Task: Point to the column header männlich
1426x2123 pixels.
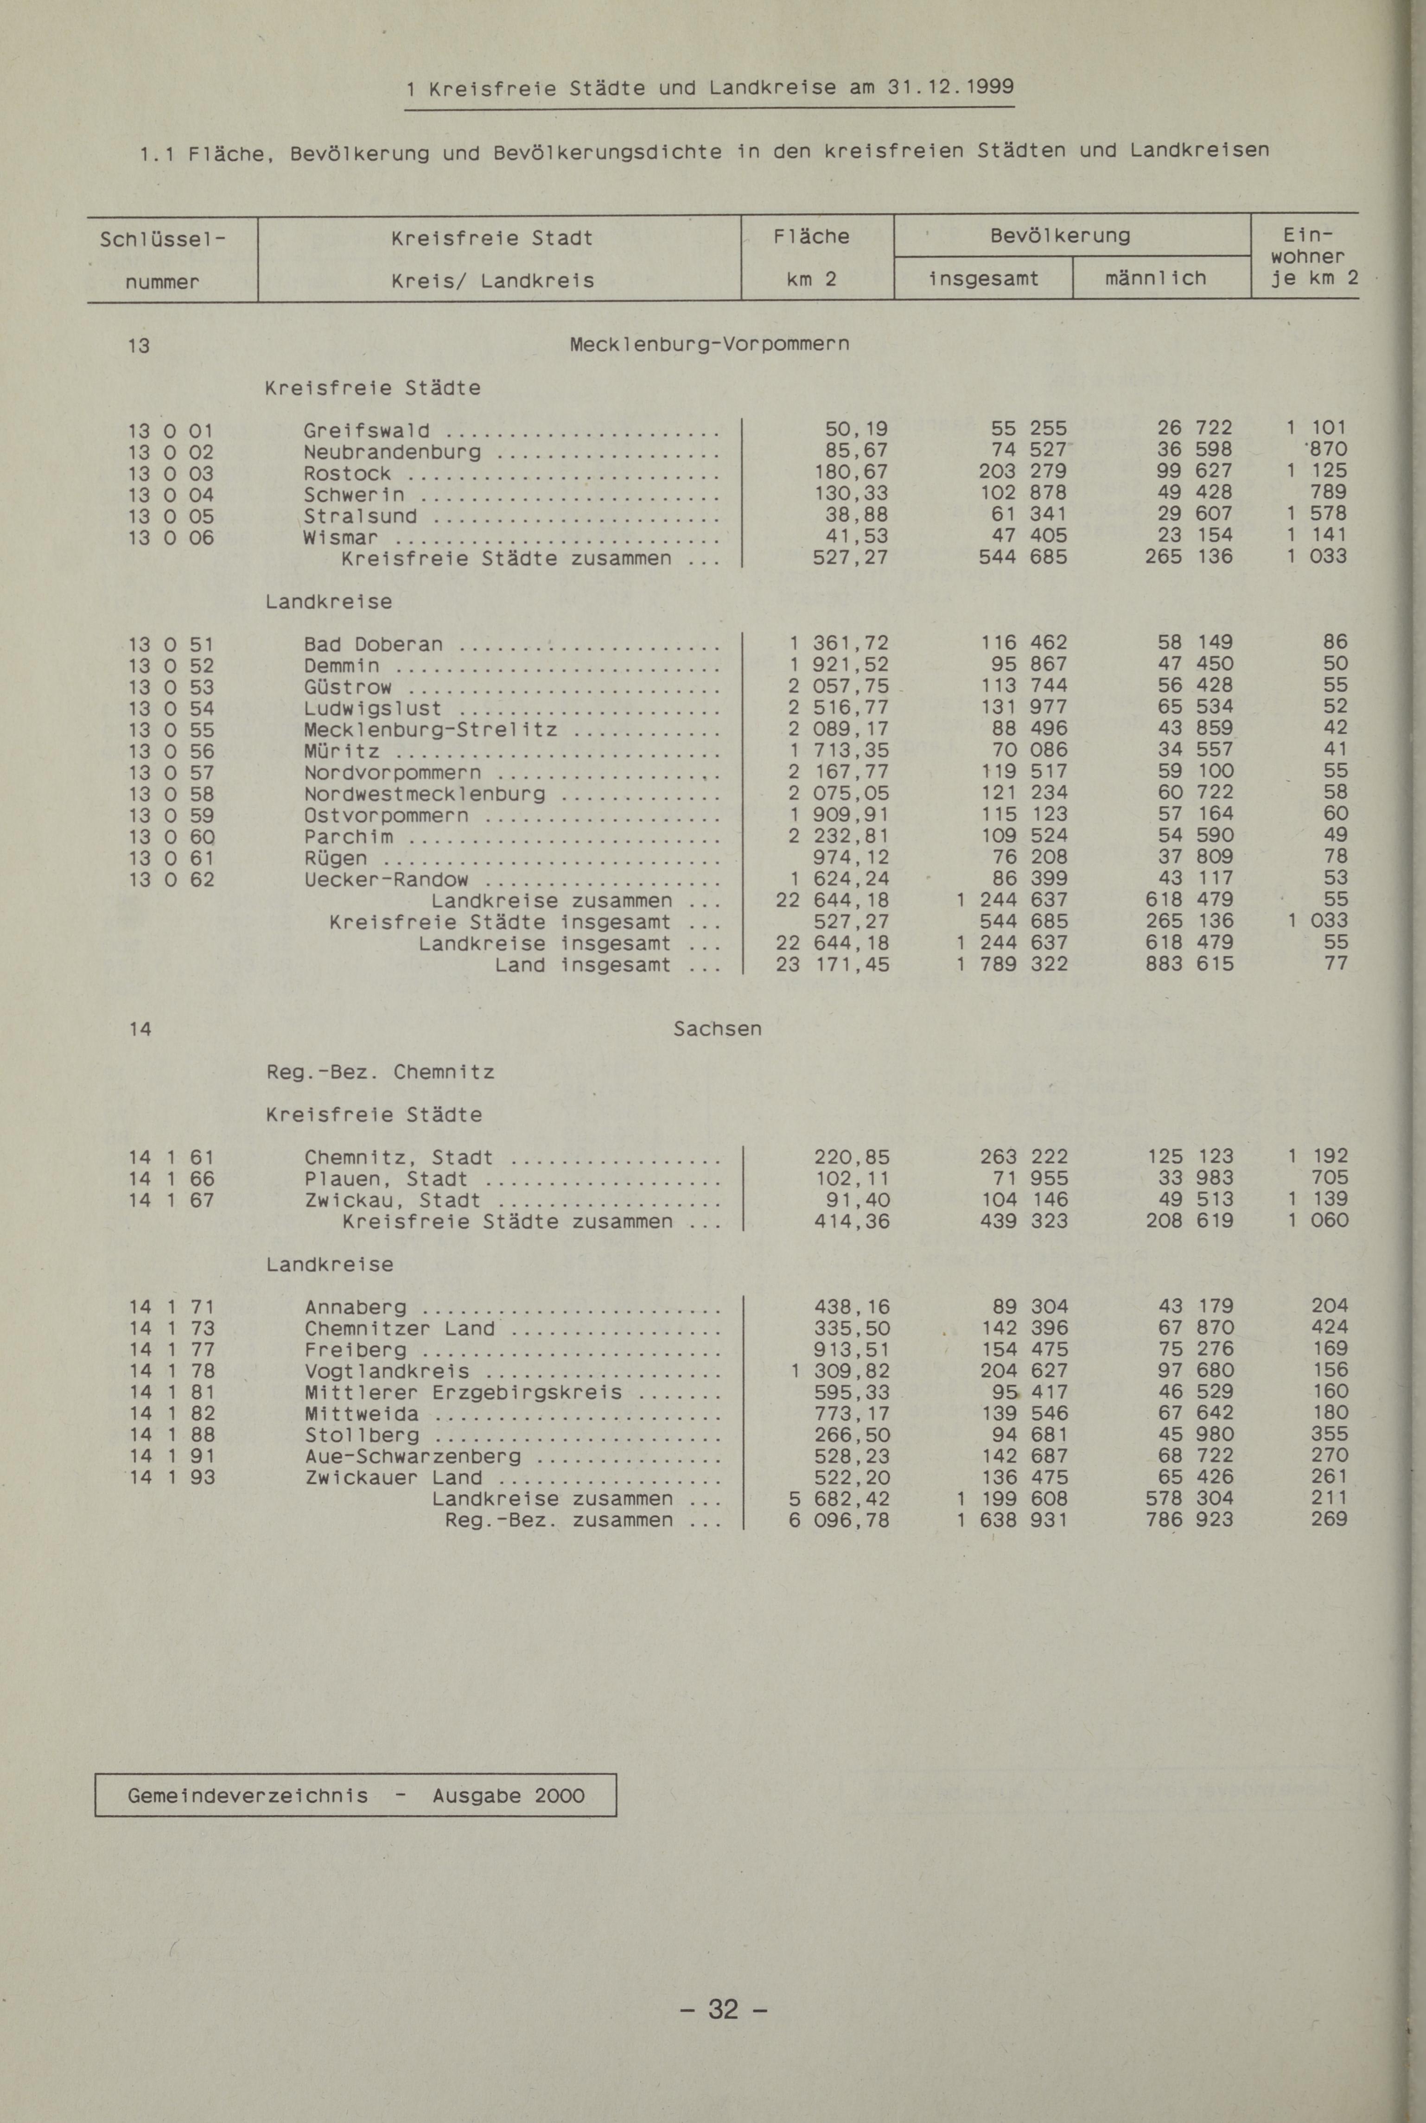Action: click(1155, 278)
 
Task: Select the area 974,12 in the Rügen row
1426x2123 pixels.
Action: click(852, 858)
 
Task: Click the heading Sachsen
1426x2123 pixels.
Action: click(717, 1029)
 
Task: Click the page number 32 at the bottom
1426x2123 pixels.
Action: click(723, 2009)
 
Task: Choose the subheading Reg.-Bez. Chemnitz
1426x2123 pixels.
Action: click(380, 1073)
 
